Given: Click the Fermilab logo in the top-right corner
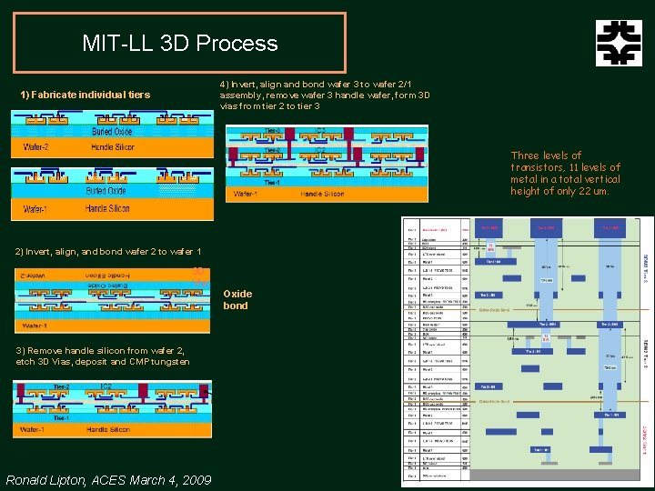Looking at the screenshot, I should click(619, 43).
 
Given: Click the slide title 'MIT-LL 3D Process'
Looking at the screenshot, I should click(179, 43).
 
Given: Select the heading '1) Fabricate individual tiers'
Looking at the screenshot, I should click(86, 95).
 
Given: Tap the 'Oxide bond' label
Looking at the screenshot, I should click(237, 299).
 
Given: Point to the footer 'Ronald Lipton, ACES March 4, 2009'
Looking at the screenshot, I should click(108, 480).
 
